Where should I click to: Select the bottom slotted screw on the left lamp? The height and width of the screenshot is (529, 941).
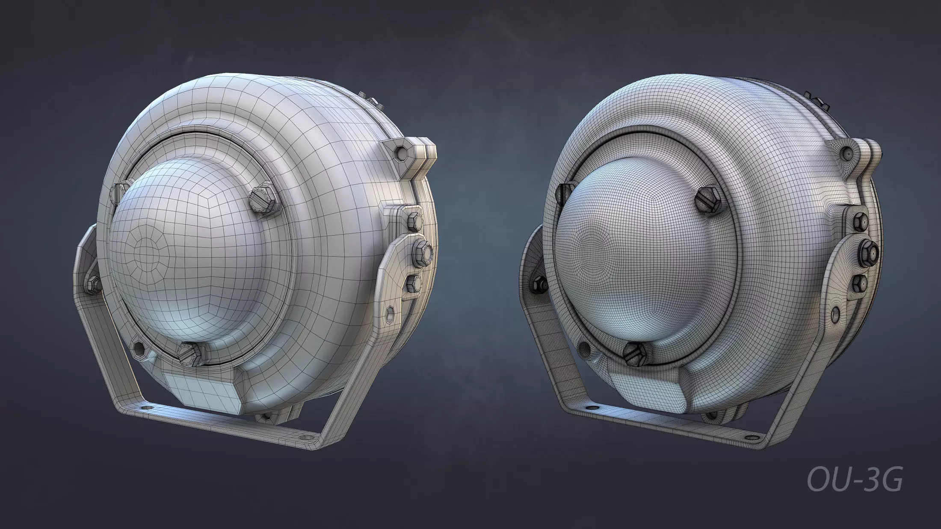tap(190, 352)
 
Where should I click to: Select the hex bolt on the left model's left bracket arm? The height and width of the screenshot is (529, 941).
tap(92, 283)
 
